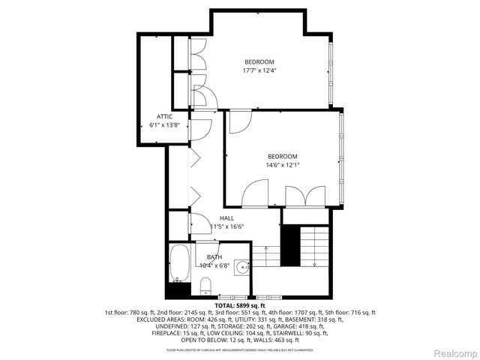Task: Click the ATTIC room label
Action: (165, 116)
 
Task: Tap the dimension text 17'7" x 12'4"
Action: (259, 71)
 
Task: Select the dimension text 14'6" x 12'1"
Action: (283, 165)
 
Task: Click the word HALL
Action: (226, 218)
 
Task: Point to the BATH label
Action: (214, 257)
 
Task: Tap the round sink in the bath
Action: (241, 268)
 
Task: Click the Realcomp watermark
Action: (453, 352)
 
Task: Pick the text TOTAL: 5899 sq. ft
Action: (240, 306)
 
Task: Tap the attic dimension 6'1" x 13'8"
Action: (165, 125)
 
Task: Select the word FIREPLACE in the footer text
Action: (158, 333)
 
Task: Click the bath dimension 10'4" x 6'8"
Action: (214, 265)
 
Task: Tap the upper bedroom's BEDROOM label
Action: (259, 61)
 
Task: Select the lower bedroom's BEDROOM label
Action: (283, 156)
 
